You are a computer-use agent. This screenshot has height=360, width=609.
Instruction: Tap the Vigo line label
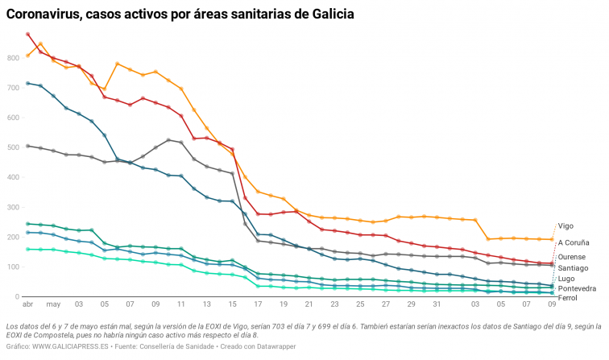(x=566, y=226)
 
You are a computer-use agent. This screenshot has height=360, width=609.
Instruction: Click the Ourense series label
(x=572, y=257)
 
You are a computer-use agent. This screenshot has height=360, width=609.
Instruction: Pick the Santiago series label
(x=573, y=267)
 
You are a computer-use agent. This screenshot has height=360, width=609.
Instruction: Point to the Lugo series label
(x=566, y=279)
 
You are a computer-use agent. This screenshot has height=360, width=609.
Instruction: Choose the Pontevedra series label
(x=577, y=288)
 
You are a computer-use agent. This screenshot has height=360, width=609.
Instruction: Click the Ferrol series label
(x=568, y=298)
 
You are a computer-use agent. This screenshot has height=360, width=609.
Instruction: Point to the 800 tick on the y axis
(x=14, y=59)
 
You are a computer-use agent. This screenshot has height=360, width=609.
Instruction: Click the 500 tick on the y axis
(x=14, y=148)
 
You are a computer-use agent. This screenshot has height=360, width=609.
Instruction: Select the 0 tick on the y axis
(x=18, y=297)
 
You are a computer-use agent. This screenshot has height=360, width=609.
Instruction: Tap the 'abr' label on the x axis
(x=27, y=305)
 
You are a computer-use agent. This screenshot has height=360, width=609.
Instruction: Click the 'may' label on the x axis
(x=53, y=305)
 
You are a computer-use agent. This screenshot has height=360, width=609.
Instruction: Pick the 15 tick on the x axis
(x=232, y=305)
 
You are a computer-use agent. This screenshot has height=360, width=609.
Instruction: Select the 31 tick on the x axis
(x=437, y=305)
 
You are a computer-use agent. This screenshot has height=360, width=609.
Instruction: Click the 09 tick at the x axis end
(x=552, y=305)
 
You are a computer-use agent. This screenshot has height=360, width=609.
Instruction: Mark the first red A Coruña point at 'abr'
(x=28, y=35)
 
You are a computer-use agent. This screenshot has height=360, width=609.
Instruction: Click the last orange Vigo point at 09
(x=552, y=239)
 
